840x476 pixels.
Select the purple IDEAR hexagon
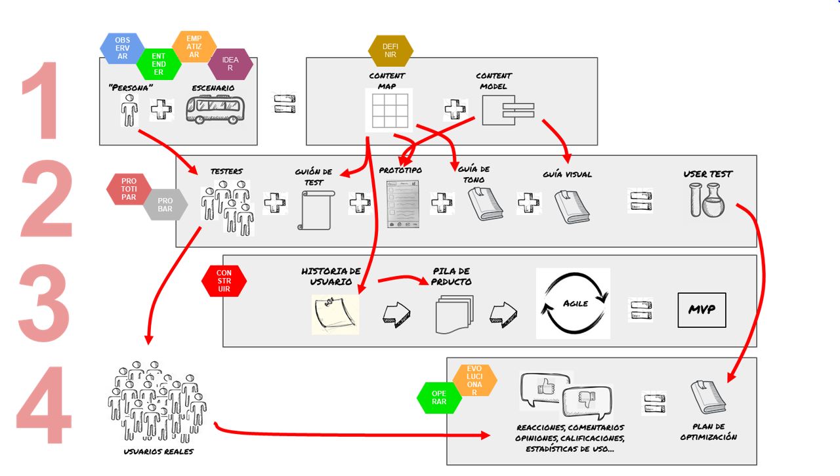pyautogui.click(x=230, y=64)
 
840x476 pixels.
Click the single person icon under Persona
pyautogui.click(x=129, y=110)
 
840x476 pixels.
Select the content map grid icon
pyautogui.click(x=389, y=109)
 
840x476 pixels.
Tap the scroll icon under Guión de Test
pyautogui.click(x=315, y=210)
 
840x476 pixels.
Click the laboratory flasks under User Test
pyautogui.click(x=707, y=200)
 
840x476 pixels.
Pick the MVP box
pyautogui.click(x=702, y=309)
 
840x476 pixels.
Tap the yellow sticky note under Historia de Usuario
pyautogui.click(x=335, y=314)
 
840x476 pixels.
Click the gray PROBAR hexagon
pyautogui.click(x=165, y=205)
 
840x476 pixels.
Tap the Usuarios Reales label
pyautogui.click(x=158, y=452)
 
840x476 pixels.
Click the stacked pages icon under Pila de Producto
pyautogui.click(x=453, y=315)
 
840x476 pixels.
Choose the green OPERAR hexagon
pyautogui.click(x=439, y=397)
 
